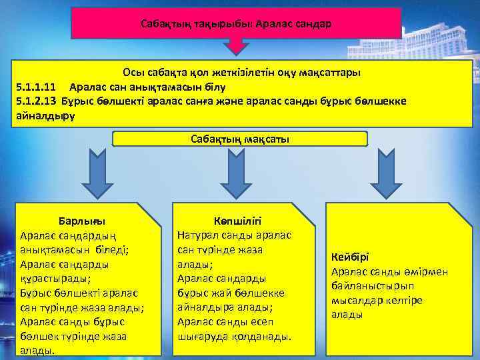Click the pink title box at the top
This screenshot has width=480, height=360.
[x=236, y=23]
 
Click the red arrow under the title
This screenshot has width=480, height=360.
[x=236, y=47]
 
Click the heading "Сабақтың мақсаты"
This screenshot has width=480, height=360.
[x=240, y=139]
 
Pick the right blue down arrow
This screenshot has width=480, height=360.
[x=384, y=172]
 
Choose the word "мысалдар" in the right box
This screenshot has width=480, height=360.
[x=355, y=300]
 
